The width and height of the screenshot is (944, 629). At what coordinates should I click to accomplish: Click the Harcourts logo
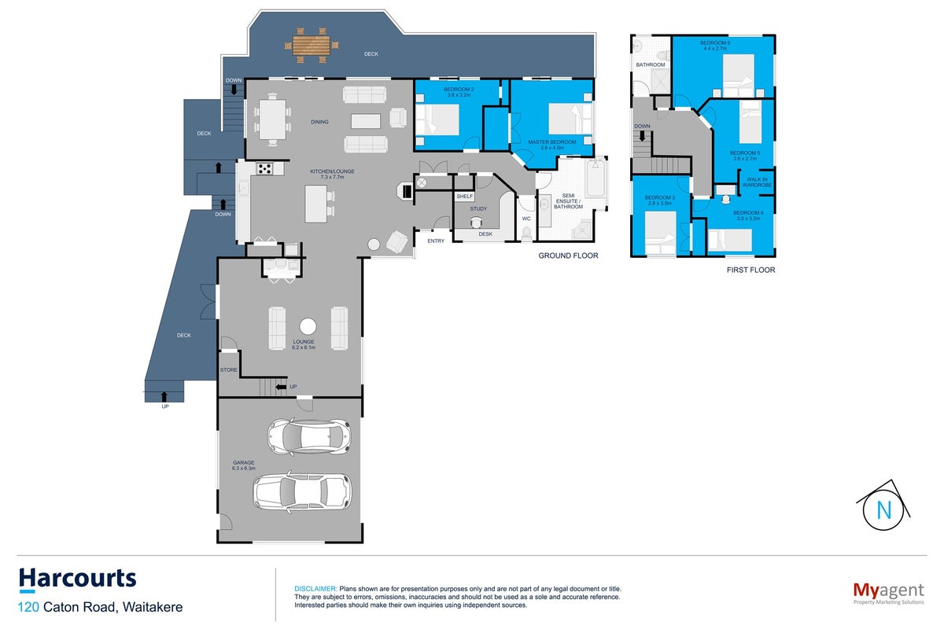tap(78, 579)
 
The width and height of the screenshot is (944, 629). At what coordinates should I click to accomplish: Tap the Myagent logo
tap(888, 593)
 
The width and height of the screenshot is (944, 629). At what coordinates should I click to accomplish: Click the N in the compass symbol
tap(884, 510)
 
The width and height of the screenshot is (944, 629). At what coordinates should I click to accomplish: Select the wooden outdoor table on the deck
tap(311, 45)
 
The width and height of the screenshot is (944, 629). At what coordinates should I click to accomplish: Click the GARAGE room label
tap(244, 462)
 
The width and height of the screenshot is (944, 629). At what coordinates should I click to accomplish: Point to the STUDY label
tap(478, 208)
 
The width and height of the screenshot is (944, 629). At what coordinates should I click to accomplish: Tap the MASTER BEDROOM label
tap(552, 142)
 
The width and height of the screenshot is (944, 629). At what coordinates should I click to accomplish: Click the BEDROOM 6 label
tap(715, 42)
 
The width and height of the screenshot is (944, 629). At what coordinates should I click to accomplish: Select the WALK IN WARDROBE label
tap(757, 182)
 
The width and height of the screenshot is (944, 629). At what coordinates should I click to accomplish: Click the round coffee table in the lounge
tap(308, 326)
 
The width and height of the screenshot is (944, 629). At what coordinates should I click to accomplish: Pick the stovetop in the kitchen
tap(265, 169)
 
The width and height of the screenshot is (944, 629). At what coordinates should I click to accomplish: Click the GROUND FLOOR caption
tap(568, 256)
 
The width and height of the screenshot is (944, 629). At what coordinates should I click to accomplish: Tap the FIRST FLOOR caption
tap(751, 270)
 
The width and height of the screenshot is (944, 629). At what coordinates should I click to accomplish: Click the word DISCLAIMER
tap(315, 589)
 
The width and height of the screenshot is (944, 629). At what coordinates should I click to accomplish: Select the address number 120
tap(28, 607)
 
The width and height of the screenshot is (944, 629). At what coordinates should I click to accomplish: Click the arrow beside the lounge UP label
tap(281, 387)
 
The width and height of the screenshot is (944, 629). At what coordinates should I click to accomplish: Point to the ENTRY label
tap(436, 241)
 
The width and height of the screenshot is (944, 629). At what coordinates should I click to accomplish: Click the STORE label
tap(228, 370)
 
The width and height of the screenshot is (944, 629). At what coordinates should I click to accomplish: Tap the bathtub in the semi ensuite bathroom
tap(596, 178)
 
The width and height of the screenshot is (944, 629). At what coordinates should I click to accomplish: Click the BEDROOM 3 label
tap(659, 197)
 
